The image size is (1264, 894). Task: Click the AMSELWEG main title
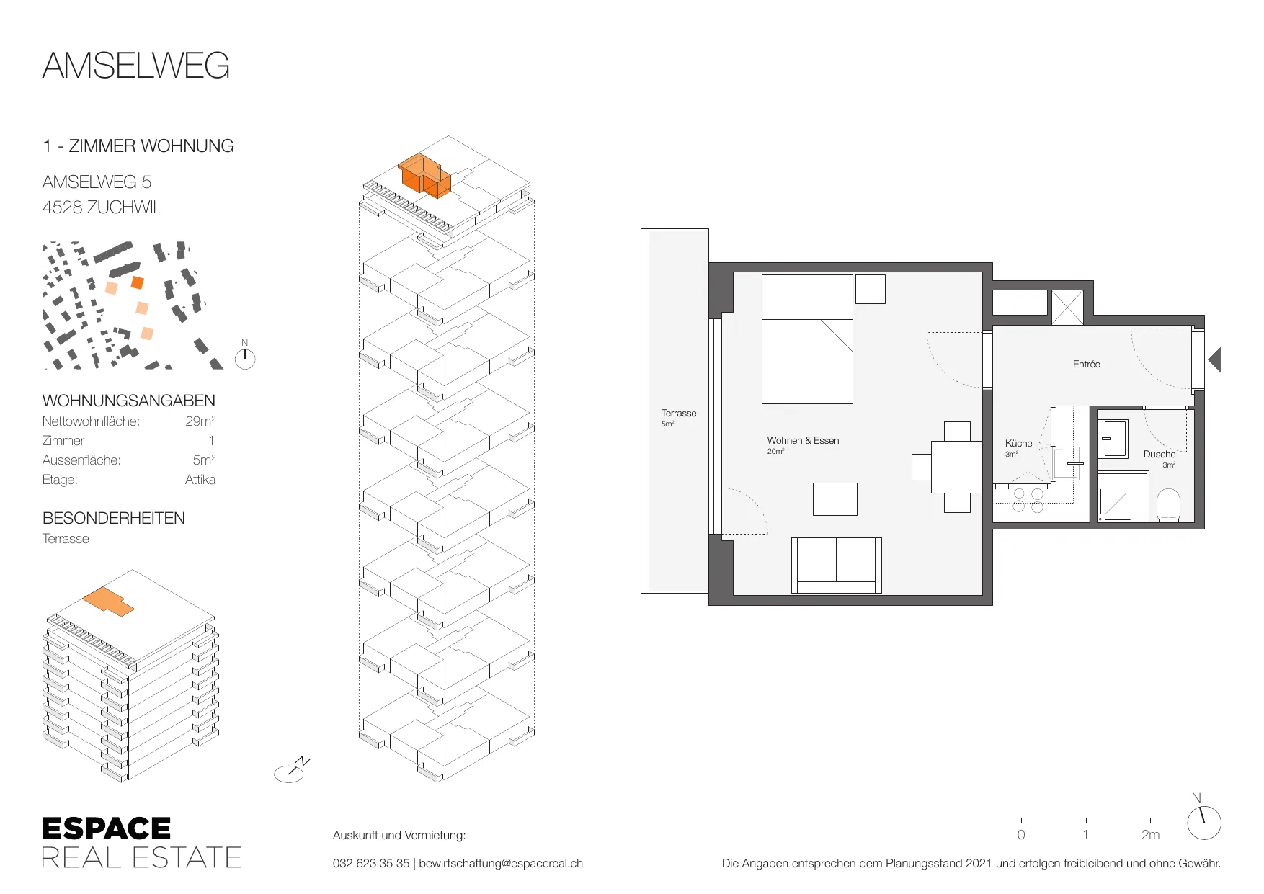[x=136, y=66]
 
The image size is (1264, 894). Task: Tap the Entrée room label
[x=1086, y=365]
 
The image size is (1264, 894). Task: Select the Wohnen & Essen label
[x=803, y=440]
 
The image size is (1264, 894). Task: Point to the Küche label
[x=1018, y=443]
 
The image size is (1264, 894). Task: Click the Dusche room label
[x=1159, y=454]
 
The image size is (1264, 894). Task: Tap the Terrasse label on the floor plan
[x=679, y=413]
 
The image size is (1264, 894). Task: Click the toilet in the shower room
[x=1168, y=505]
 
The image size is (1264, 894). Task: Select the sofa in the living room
[x=837, y=565]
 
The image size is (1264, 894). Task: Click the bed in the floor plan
[x=807, y=339]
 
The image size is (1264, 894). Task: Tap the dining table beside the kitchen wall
[x=957, y=467]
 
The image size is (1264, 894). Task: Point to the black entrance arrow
[x=1215, y=359]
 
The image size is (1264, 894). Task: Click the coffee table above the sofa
[x=835, y=499]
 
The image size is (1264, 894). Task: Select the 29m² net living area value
[x=200, y=421]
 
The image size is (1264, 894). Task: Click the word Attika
[x=200, y=480]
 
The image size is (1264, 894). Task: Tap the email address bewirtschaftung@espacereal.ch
[x=501, y=863]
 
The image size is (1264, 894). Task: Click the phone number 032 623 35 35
[x=371, y=863]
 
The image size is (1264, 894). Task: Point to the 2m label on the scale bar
[x=1150, y=834]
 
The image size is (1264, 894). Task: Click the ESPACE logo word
[x=107, y=828]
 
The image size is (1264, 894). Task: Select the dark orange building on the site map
[x=138, y=282]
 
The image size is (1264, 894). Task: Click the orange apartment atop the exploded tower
[x=425, y=176]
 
